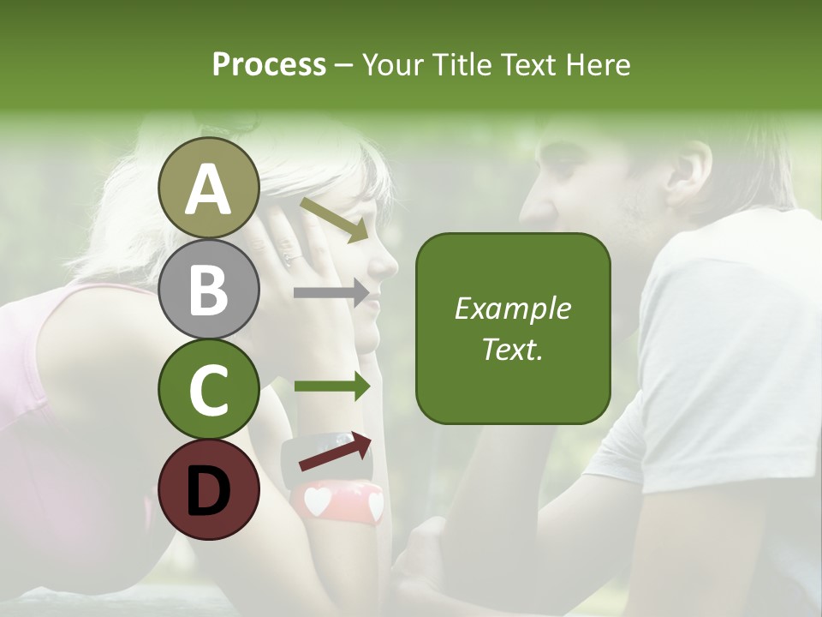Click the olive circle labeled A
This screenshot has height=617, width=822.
click(x=208, y=188)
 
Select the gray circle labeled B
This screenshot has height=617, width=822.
click(x=208, y=289)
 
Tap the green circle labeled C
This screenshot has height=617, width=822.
click(x=208, y=389)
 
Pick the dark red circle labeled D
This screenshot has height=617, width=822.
click(x=208, y=489)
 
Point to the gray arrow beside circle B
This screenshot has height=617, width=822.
click(x=331, y=293)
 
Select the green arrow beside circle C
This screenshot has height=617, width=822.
click(x=331, y=387)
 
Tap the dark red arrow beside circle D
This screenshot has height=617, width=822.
click(x=335, y=452)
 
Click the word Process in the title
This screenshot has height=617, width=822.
click(x=269, y=65)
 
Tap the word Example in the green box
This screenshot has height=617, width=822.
click(x=512, y=308)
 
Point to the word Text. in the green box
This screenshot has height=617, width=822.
click(x=512, y=349)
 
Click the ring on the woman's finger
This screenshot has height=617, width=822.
click(x=292, y=258)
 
